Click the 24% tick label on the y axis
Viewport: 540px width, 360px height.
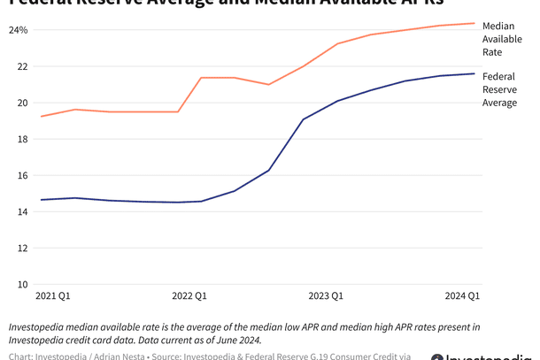pos(19,30)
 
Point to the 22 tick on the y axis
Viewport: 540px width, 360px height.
pos(22,66)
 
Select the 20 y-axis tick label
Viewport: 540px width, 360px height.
pos(22,103)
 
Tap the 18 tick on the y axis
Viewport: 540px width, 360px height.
pos(22,139)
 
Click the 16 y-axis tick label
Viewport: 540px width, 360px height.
pos(22,175)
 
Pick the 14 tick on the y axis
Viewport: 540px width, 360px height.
pos(22,212)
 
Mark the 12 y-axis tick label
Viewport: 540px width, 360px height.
pos(22,249)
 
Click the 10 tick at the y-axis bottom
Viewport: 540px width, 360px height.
pos(22,285)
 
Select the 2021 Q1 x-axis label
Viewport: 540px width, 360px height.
pos(53,295)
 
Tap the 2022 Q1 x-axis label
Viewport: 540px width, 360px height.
pos(189,295)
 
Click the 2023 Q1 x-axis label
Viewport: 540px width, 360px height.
pos(325,295)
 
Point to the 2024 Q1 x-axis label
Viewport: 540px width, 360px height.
pos(461,295)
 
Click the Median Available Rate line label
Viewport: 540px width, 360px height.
pos(502,39)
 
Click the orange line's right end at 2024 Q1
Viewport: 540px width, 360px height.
pos(474,23)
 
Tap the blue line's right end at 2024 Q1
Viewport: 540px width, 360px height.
pos(474,73)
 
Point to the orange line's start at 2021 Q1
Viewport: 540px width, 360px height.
pos(41,116)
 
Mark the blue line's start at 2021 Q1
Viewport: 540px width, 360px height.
pos(41,200)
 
